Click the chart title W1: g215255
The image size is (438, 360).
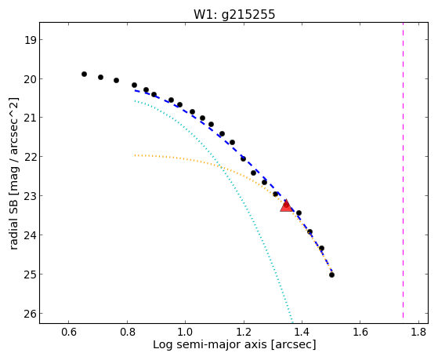234,15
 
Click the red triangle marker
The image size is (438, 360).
286,205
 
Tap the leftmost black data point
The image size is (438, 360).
84,75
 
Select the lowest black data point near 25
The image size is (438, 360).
331,275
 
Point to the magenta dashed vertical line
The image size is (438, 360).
403,170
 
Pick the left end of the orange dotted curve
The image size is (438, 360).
135,155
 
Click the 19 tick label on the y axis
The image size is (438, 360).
30,40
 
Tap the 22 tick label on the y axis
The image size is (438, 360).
30,157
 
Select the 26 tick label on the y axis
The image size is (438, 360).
30,314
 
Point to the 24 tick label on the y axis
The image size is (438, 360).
30,235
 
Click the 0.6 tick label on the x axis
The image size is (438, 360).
68,332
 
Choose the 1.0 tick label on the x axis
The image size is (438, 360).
185,332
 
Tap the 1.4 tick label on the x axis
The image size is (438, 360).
302,332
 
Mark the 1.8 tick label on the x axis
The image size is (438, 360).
418,332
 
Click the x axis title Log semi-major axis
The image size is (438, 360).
209,344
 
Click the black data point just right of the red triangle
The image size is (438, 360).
299,213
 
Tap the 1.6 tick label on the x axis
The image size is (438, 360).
360,332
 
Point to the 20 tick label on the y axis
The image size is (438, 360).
30,79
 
